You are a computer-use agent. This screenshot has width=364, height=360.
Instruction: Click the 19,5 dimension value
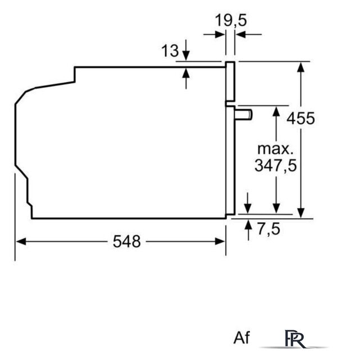[231, 20]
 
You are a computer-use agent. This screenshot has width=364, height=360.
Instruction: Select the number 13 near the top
[170, 51]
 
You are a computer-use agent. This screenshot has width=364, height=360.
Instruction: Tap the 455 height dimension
[301, 119]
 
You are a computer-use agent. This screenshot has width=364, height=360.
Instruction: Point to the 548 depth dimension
[127, 241]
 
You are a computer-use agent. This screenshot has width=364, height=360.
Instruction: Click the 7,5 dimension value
[269, 229]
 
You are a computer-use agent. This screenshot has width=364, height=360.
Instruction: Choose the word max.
[275, 149]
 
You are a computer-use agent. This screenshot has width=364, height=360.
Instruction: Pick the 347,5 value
[276, 166]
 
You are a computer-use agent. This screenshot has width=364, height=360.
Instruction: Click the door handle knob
[244, 115]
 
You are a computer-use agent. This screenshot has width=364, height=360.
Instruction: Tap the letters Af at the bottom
[242, 337]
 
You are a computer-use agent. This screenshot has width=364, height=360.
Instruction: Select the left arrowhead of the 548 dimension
[21, 241]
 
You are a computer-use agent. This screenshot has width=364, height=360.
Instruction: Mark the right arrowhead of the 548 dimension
[220, 241]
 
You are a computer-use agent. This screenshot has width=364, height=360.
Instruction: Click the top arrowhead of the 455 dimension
[301, 67]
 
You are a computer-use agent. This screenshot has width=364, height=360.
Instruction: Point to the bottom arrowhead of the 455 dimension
[301, 213]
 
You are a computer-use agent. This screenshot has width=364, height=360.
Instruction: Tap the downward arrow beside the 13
[186, 50]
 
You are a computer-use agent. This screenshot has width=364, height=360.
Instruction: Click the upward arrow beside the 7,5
[248, 230]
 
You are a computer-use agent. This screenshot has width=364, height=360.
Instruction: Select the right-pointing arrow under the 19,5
[214, 35]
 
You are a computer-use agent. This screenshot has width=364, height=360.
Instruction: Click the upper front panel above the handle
[230, 82]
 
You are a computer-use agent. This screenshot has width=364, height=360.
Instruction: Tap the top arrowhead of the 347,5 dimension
[276, 111]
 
